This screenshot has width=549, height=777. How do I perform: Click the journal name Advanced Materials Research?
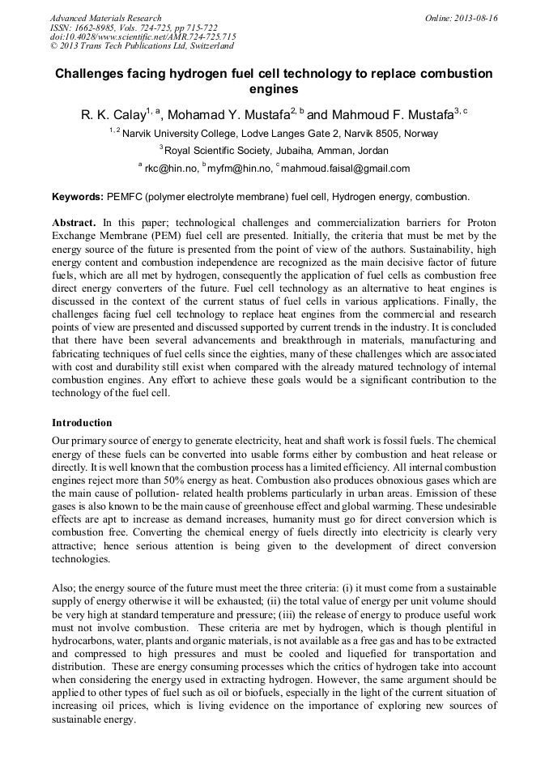pyautogui.click(x=105, y=18)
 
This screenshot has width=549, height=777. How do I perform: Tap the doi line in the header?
pyautogui.click(x=143, y=37)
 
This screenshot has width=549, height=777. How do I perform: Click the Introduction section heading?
pyautogui.click(x=82, y=423)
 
